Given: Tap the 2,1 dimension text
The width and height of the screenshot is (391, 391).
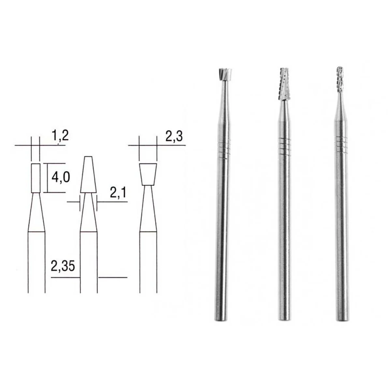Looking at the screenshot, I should (118, 194).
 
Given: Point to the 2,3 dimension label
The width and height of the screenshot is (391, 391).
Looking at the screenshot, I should (174, 136).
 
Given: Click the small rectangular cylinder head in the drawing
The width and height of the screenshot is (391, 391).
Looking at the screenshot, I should (36, 178).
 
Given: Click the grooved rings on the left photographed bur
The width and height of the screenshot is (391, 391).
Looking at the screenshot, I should (223, 149).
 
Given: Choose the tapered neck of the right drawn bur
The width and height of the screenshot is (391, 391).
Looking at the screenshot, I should (148, 209).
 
